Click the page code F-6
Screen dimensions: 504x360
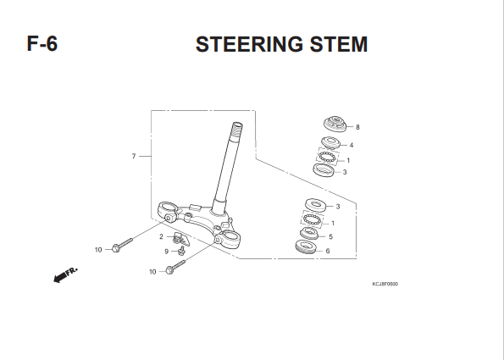(42, 43)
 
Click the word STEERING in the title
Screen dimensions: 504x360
(249, 44)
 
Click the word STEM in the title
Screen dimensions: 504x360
(339, 44)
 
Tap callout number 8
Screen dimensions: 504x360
(357, 127)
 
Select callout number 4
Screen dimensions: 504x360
(352, 146)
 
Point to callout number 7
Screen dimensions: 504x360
(134, 156)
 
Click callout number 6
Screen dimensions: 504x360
(328, 251)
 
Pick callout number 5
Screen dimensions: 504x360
(330, 237)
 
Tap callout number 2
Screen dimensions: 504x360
(161, 236)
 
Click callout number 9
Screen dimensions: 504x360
(167, 252)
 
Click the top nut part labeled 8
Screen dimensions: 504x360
(335, 124)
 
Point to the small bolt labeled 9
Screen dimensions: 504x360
(181, 250)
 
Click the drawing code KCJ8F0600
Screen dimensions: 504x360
(385, 284)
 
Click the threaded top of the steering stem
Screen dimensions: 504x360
(237, 130)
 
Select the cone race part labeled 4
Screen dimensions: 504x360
(330, 142)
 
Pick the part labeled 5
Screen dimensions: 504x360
(309, 233)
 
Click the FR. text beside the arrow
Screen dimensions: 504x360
(72, 271)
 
